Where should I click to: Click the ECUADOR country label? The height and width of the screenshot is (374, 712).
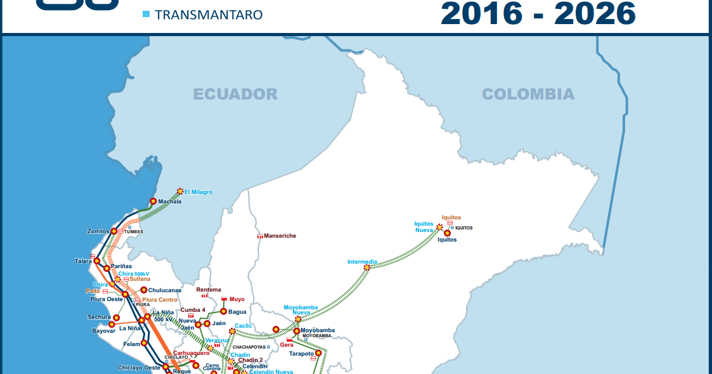235,94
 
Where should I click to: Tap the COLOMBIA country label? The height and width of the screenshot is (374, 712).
528,94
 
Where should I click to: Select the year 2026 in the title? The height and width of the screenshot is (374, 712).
594,13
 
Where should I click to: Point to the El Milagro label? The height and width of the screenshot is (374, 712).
198,192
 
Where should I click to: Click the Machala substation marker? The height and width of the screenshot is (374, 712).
153,202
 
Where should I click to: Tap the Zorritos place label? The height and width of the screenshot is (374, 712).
98,231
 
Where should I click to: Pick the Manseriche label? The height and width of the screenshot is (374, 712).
280,236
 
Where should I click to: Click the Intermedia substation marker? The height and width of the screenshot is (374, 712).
366,268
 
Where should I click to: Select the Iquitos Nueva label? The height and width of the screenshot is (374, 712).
424,227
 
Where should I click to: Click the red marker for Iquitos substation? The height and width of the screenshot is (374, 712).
447,233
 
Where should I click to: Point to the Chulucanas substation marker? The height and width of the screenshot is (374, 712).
144,290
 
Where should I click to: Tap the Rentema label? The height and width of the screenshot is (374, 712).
209,290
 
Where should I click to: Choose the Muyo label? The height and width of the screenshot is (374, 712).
237,299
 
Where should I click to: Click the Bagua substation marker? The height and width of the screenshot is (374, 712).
223,311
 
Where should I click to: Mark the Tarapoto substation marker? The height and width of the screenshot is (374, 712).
318,353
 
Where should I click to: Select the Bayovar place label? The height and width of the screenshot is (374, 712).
103,331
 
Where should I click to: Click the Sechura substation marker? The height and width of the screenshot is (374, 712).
116,317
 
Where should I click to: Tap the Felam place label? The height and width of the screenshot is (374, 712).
131,344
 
